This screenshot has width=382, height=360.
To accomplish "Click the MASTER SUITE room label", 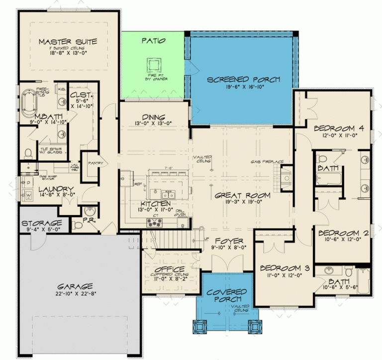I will point(68,41).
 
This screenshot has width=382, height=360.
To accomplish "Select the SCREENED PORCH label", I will point(243,80).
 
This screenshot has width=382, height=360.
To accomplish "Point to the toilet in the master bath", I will point(28,152).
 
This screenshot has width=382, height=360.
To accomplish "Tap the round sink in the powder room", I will point(90,211).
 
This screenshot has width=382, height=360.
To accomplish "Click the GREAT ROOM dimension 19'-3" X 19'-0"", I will point(242,203).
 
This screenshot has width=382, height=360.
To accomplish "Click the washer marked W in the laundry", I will point(28,195).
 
